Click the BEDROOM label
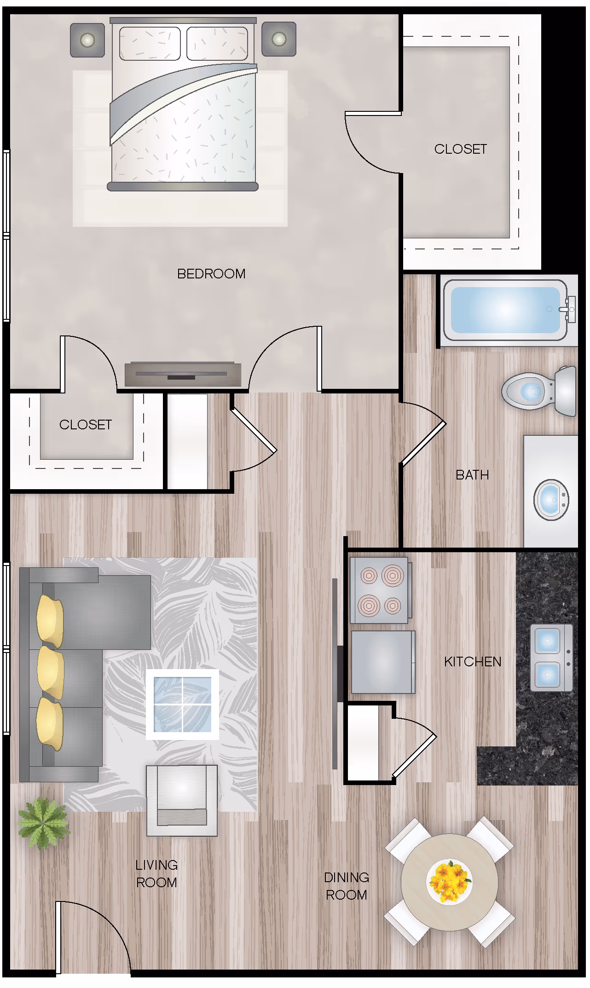(x=211, y=274)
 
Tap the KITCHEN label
(x=473, y=662)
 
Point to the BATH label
(x=472, y=475)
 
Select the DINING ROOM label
(x=347, y=886)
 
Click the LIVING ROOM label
(x=156, y=874)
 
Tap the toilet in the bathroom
(x=539, y=392)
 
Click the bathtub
(x=505, y=310)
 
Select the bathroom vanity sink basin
(x=551, y=500)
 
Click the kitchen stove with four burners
(x=379, y=590)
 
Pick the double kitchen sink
(x=551, y=658)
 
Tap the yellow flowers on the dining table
(x=449, y=882)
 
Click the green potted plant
(x=43, y=823)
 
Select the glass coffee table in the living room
(x=182, y=704)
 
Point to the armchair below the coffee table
(x=182, y=800)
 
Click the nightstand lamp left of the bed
(x=87, y=40)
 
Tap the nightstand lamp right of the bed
(x=279, y=39)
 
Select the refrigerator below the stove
(x=383, y=662)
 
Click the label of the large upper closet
(x=461, y=149)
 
